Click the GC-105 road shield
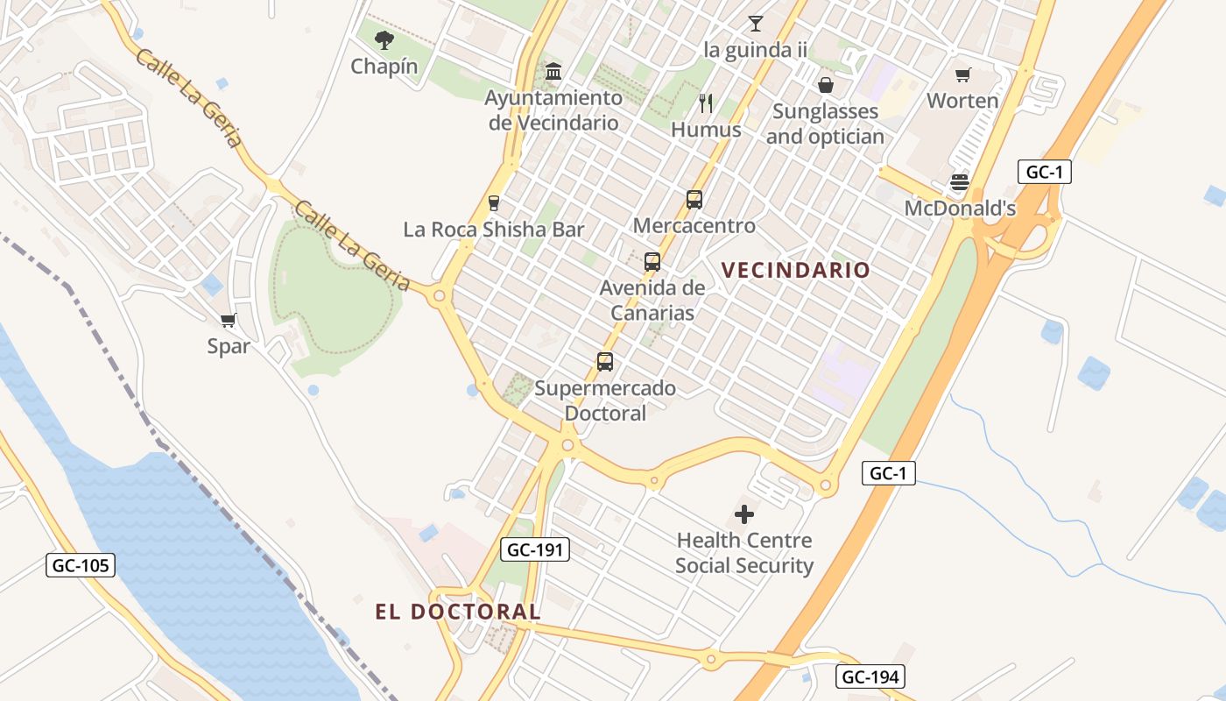tap(81, 565)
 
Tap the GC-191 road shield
tap(535, 549)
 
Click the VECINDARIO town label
tap(796, 270)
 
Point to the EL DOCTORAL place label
tap(458, 612)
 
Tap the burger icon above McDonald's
tap(960, 183)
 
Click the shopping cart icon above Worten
tap(962, 75)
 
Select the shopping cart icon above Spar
tap(229, 321)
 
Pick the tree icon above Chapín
tap(384, 39)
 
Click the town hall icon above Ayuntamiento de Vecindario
tap(553, 71)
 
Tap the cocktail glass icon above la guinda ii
tap(755, 24)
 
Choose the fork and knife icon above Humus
tap(706, 103)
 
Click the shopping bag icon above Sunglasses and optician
tap(825, 85)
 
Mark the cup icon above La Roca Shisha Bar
tap(494, 203)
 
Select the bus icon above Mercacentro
tap(694, 200)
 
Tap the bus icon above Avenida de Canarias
tap(652, 261)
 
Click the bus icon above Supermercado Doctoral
tap(605, 361)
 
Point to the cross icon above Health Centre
tap(744, 513)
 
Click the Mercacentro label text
tap(694, 226)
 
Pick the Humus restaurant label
tap(706, 130)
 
